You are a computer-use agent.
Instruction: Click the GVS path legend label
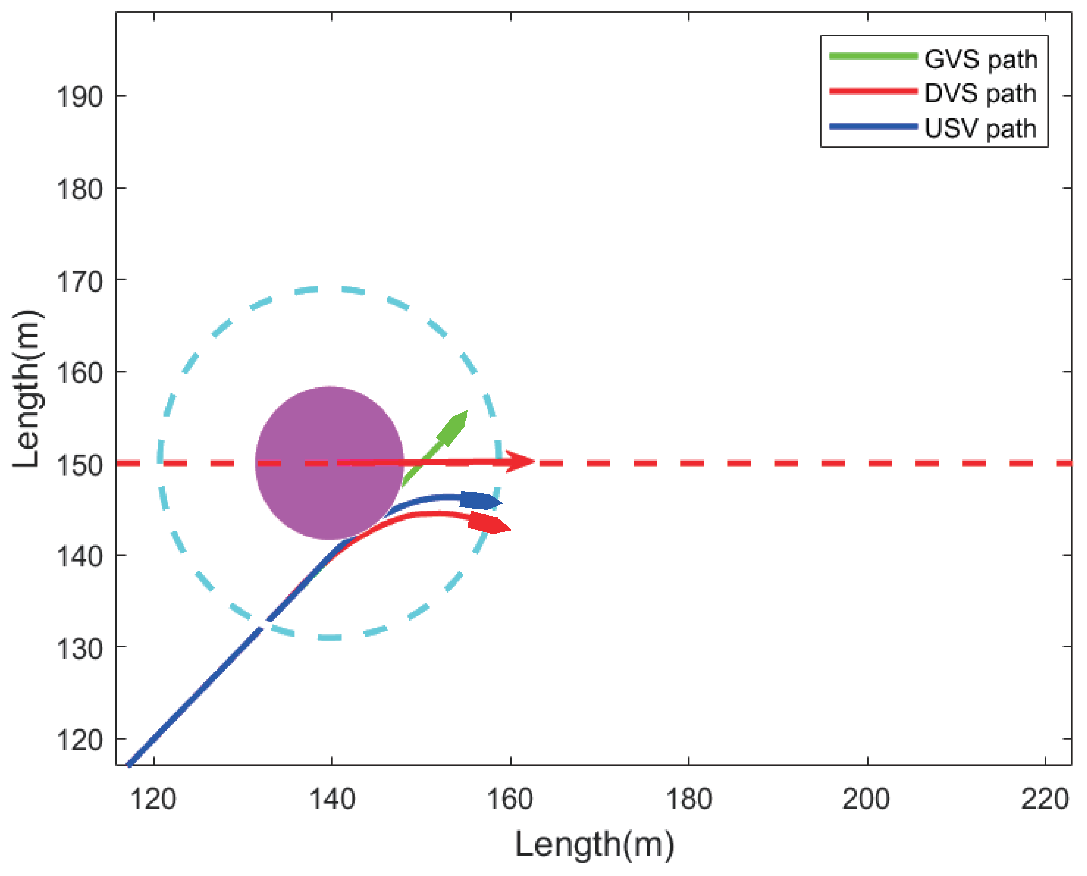(980, 60)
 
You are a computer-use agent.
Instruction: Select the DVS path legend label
(980, 94)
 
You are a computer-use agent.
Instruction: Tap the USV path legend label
(980, 129)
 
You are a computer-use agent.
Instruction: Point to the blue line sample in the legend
(873, 127)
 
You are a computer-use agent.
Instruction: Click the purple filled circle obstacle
(329, 463)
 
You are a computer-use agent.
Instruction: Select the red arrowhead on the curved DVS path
(489, 523)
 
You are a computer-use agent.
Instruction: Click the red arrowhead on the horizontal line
(520, 461)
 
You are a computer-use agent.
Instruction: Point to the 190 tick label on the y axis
(79, 97)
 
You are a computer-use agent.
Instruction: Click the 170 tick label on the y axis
(79, 282)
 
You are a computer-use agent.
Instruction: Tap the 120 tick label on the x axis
(153, 800)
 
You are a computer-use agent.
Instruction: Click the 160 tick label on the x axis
(510, 800)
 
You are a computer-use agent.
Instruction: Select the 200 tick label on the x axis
(866, 800)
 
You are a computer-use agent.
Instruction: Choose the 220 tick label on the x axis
(1044, 800)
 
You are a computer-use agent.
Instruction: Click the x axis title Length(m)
(594, 845)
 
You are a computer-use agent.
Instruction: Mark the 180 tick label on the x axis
(689, 800)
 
